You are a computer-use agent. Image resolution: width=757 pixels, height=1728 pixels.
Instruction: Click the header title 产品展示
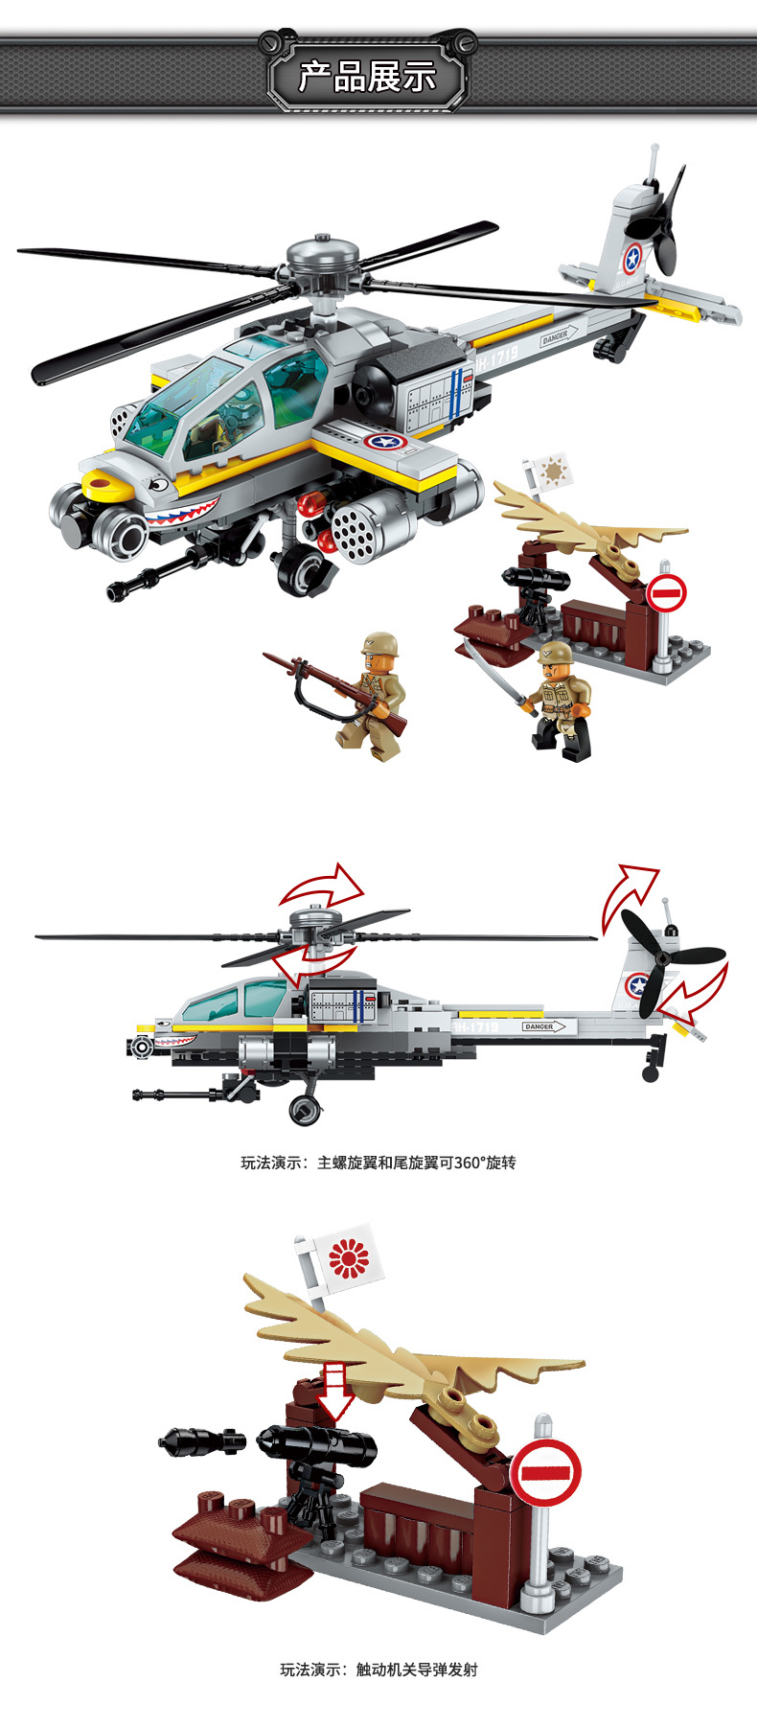pyautogui.click(x=367, y=76)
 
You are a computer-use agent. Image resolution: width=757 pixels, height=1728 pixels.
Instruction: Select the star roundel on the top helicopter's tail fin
pyautogui.click(x=632, y=257)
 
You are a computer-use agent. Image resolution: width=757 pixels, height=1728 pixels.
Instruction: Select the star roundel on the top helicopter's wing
pyautogui.click(x=388, y=443)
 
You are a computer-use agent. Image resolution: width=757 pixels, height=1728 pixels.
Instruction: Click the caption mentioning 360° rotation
pyautogui.click(x=378, y=1163)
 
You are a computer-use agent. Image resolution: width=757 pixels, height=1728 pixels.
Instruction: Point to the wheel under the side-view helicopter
pyautogui.click(x=305, y=1109)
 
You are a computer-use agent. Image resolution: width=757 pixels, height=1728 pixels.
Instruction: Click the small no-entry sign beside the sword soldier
pyautogui.click(x=666, y=594)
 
